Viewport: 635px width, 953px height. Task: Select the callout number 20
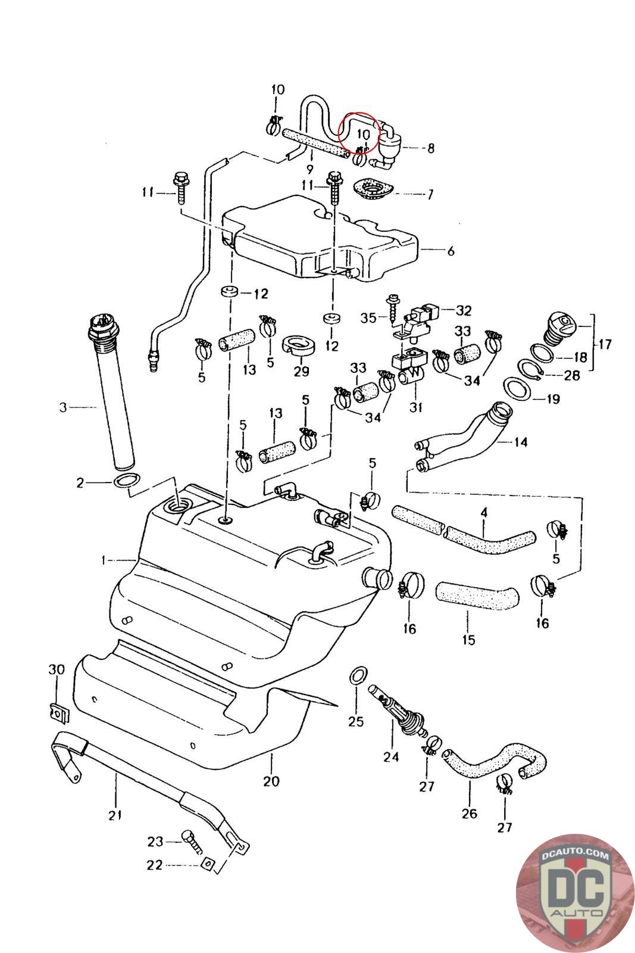(271, 780)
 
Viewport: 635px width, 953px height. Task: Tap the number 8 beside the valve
(430, 148)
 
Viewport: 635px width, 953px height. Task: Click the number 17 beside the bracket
(605, 344)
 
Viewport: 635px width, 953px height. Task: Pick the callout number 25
(355, 722)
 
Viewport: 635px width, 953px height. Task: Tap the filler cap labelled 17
(559, 327)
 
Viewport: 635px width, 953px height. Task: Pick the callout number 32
(464, 310)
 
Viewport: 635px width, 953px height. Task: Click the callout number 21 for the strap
(115, 815)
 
